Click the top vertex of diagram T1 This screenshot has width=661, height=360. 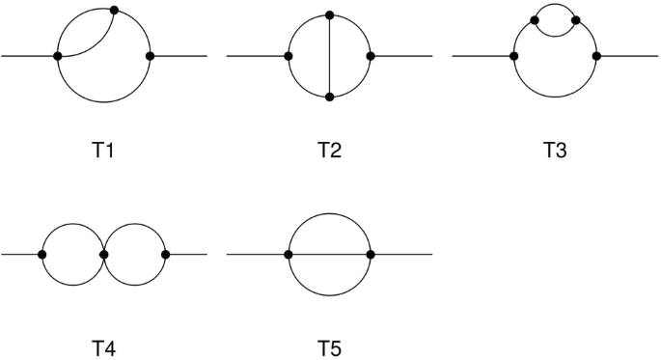tap(115, 11)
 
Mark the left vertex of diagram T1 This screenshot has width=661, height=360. tap(59, 56)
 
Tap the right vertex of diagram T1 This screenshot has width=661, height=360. tap(150, 56)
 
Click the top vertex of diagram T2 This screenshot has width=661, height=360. tap(330, 15)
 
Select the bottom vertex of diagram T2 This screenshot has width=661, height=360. tap(330, 97)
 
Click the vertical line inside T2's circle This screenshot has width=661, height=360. tap(330, 56)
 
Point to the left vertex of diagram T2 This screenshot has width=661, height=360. tap(289, 56)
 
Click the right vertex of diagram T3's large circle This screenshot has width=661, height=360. tap(597, 56)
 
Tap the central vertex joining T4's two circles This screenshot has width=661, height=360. tap(103, 254)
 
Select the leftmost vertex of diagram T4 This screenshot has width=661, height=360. tap(41, 254)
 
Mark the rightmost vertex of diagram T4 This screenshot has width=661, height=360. tap(166, 254)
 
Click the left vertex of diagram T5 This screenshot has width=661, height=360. tap(289, 254)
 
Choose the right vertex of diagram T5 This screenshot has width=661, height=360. tap(371, 254)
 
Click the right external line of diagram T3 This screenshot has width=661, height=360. tap(628, 56)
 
